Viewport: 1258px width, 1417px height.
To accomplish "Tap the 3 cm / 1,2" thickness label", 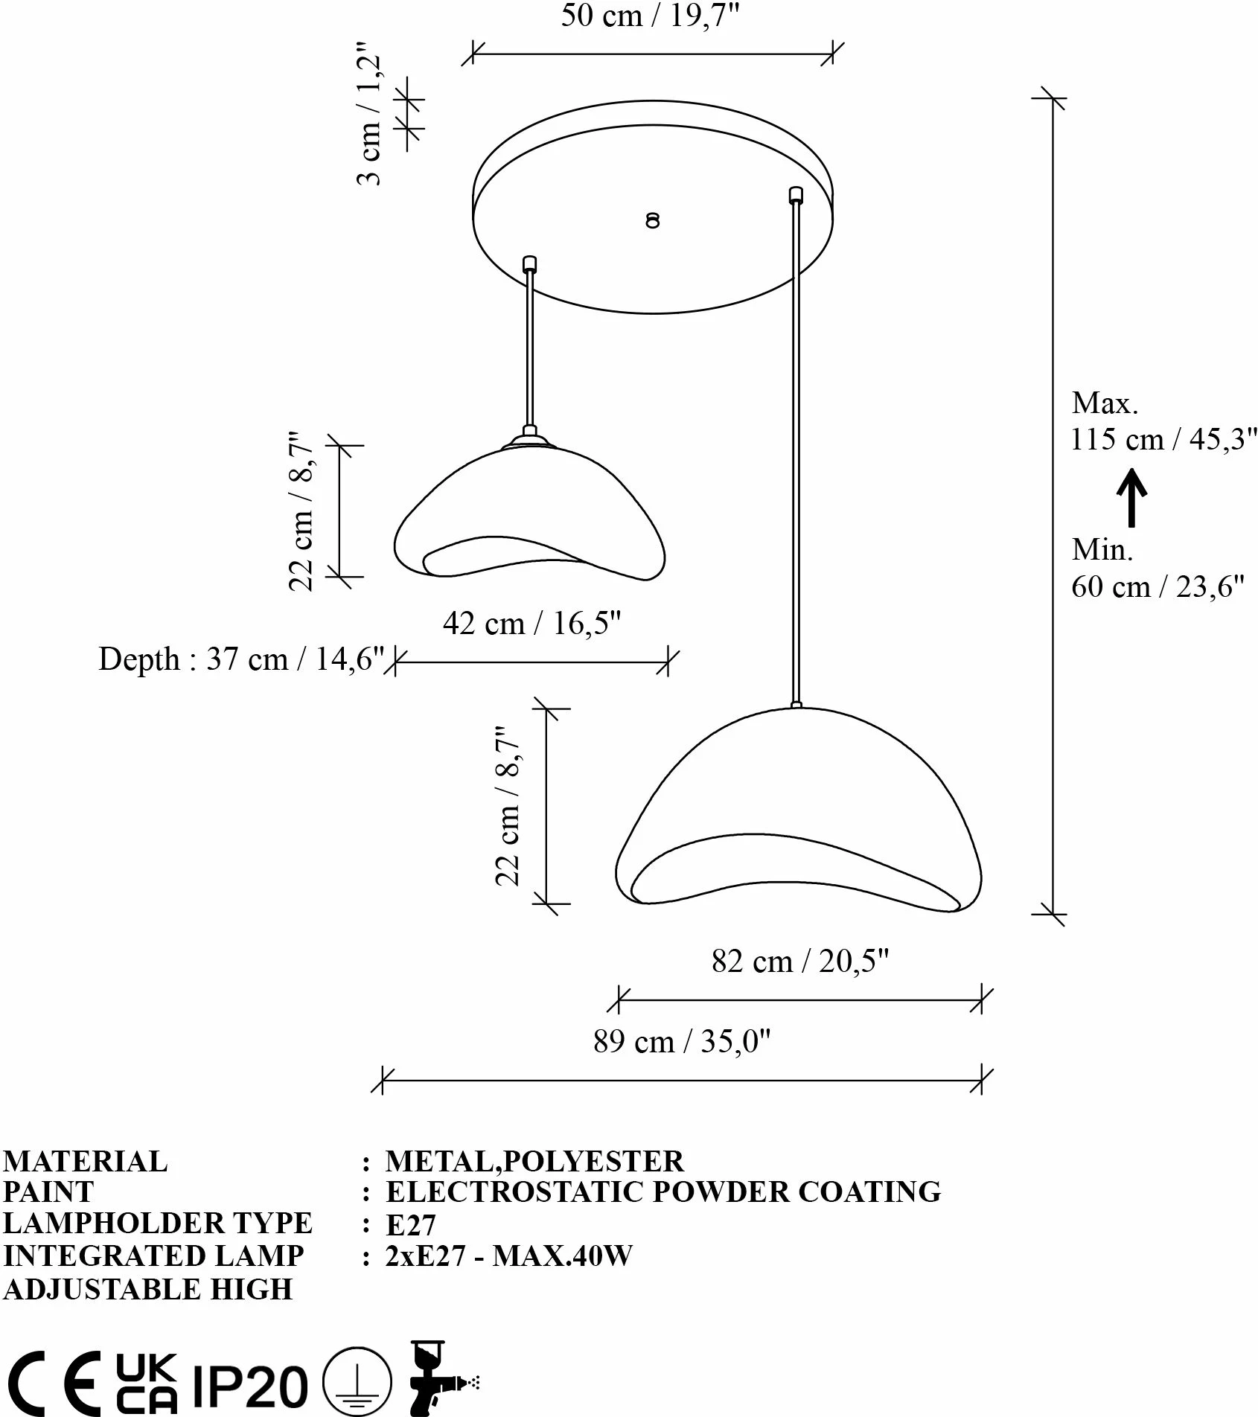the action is coord(371,120).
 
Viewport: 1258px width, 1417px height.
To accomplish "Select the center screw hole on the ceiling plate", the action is coord(653,220).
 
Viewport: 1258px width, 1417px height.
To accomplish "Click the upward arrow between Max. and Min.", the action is coord(1131,497).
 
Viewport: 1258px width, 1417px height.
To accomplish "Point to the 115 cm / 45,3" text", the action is coord(1163,440).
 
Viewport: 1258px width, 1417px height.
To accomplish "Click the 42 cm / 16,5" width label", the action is coord(531,623).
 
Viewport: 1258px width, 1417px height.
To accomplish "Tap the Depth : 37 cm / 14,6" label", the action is coord(241,659).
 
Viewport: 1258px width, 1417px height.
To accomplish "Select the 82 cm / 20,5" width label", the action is coord(800,962).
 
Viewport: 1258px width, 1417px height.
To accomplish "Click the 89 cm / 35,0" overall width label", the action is coord(682,1041).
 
